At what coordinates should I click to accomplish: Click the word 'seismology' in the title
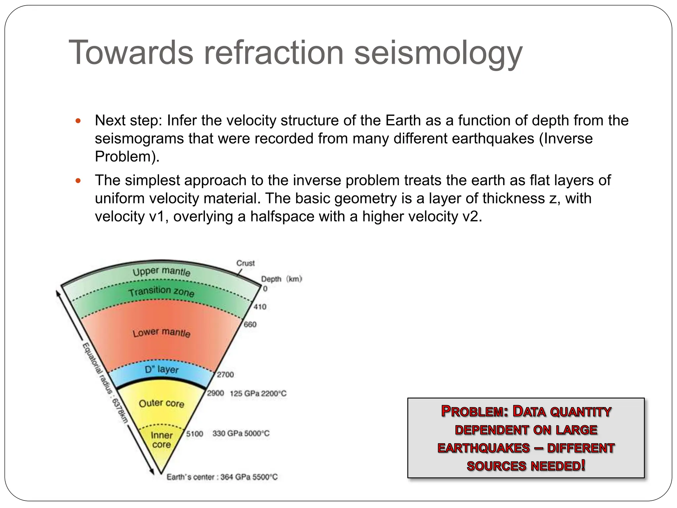pos(438,53)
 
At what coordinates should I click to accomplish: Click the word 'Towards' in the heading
pos(131,53)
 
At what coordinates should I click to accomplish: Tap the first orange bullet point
pos(78,121)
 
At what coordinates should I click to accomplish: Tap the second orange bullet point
pos(78,181)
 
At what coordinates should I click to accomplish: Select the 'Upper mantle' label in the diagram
pos(161,272)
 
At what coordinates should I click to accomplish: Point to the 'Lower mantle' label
pos(161,333)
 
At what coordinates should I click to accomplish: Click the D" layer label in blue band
pos(161,369)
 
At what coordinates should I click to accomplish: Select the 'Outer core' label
pos(161,403)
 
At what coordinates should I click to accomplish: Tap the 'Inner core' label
pos(161,440)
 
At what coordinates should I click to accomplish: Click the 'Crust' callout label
pos(245,263)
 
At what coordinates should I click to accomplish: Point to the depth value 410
pos(260,307)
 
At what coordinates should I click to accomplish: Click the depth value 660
pos(250,324)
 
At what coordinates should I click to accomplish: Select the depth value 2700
pos(225,375)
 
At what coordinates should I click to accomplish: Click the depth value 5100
pos(194,434)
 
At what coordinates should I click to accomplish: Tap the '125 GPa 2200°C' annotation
pos(258,394)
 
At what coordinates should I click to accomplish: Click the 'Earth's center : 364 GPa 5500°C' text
pos(222,477)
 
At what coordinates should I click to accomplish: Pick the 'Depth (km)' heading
pos(281,279)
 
